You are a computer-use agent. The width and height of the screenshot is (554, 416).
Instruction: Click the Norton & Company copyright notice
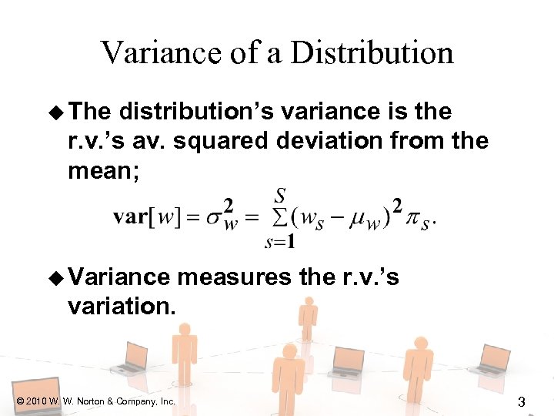tap(95, 401)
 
